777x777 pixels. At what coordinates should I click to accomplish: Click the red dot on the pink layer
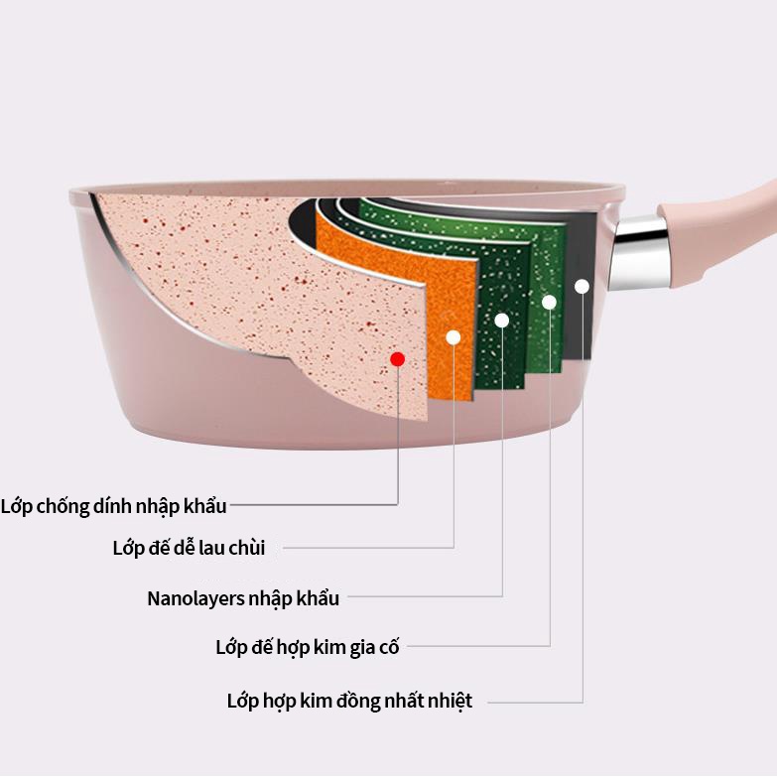coord(397,358)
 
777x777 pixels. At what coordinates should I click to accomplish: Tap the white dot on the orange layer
coord(453,337)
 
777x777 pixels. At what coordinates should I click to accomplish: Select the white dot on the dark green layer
coord(502,320)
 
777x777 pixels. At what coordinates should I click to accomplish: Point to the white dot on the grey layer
coord(582,286)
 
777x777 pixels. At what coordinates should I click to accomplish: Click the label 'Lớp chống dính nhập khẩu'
coord(114,506)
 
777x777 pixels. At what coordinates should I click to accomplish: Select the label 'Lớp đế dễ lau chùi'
coord(189,547)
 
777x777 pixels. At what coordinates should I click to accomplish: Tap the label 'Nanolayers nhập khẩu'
coord(243,598)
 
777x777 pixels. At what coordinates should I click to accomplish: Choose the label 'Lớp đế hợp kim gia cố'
coord(307,648)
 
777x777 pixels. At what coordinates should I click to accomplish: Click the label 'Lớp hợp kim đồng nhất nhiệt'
coord(349,701)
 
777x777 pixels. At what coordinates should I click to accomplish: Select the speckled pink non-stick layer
coord(248,278)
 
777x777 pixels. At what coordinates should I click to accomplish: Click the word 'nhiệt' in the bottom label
coord(449,701)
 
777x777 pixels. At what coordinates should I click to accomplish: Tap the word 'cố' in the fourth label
coord(388,648)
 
